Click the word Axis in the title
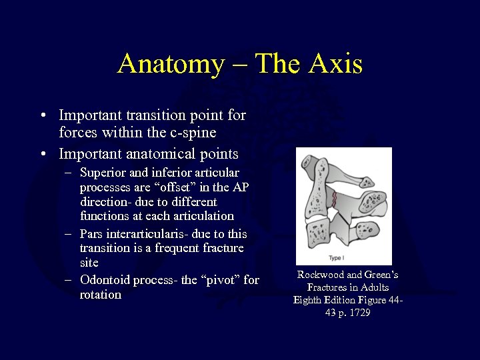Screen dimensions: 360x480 (336, 64)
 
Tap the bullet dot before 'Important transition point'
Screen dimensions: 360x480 (43, 116)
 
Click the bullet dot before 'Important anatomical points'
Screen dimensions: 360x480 (43, 154)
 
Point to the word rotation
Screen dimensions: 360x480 (101, 295)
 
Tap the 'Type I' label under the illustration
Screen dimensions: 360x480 (335, 258)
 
